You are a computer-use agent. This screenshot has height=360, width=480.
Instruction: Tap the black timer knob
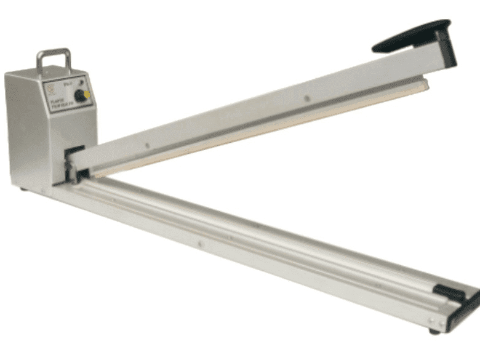tap(79, 95)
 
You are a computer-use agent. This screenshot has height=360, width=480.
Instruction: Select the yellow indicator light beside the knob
tap(87, 95)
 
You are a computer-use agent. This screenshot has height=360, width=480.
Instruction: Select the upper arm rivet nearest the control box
tap(146, 146)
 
